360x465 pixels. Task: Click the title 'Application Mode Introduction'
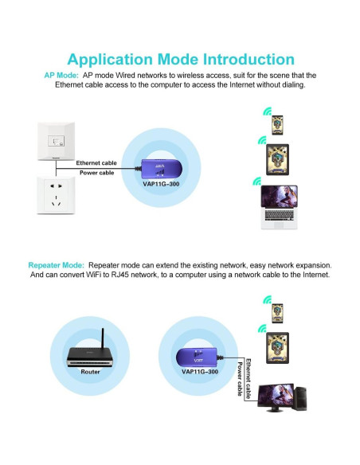[x=180, y=59]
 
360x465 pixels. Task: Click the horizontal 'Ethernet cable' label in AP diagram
[x=96, y=162]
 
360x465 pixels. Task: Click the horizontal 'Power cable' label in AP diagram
[x=96, y=172]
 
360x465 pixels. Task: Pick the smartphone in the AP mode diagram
[x=277, y=123]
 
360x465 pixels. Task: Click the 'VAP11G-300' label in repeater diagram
[x=199, y=371]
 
